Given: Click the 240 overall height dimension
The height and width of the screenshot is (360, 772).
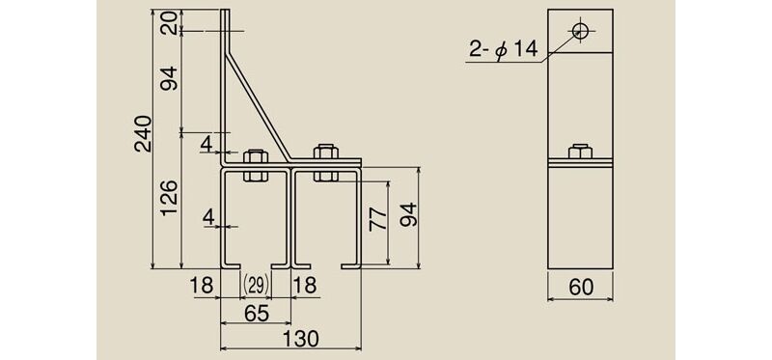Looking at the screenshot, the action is coord(144,133).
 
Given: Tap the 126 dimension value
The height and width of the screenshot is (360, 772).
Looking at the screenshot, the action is coord(170,198).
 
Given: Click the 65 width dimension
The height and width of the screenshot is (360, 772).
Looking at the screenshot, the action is coord(256,314).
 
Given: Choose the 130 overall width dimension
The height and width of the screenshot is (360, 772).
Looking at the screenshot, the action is coord(300,339).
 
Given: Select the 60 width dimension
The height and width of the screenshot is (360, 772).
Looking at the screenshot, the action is coord(581,288).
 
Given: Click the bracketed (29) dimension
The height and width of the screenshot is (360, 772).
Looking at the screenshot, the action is coord(256,285).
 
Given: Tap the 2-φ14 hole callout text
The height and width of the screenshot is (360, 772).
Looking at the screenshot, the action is coord(502,50).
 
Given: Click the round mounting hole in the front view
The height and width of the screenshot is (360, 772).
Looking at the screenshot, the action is coord(581,31).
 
